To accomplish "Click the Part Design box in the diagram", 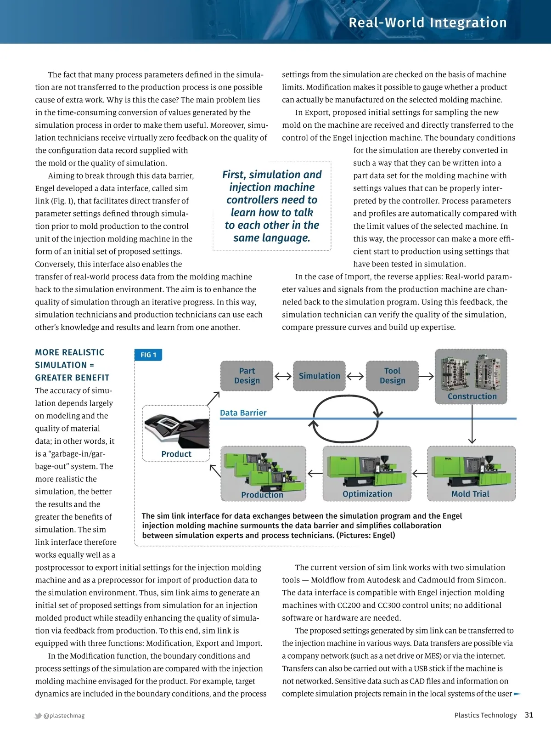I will (x=247, y=376).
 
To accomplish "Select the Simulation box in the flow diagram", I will (x=319, y=376).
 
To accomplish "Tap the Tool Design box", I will (x=392, y=376).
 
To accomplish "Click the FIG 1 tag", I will (x=148, y=355).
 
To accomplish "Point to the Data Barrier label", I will (x=243, y=413).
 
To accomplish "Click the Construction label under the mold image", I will (x=472, y=396).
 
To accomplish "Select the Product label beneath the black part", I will (x=176, y=454).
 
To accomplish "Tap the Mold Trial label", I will (x=470, y=494).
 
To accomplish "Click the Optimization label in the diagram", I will (x=367, y=494).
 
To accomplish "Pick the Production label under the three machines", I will (x=262, y=495).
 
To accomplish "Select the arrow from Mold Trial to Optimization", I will (x=420, y=473).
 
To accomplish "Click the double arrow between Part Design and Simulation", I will (x=283, y=376).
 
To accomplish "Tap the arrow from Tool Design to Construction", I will (x=426, y=376).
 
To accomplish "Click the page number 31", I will (x=529, y=715).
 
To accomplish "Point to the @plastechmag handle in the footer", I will (x=64, y=716).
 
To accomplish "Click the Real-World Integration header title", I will (x=427, y=23).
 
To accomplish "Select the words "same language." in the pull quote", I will (x=272, y=238).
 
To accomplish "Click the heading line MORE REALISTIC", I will (x=69, y=352).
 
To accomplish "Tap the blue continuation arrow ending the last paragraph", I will (x=517, y=694).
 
